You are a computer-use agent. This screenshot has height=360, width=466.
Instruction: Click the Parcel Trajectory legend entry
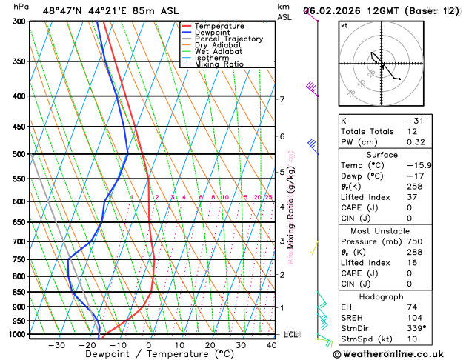228,39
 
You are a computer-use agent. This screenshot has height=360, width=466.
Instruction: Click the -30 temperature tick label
56,344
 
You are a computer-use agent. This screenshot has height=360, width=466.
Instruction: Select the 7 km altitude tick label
282,99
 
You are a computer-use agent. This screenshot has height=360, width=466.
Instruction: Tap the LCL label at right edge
290,335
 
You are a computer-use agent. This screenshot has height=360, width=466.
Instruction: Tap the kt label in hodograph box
344,26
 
